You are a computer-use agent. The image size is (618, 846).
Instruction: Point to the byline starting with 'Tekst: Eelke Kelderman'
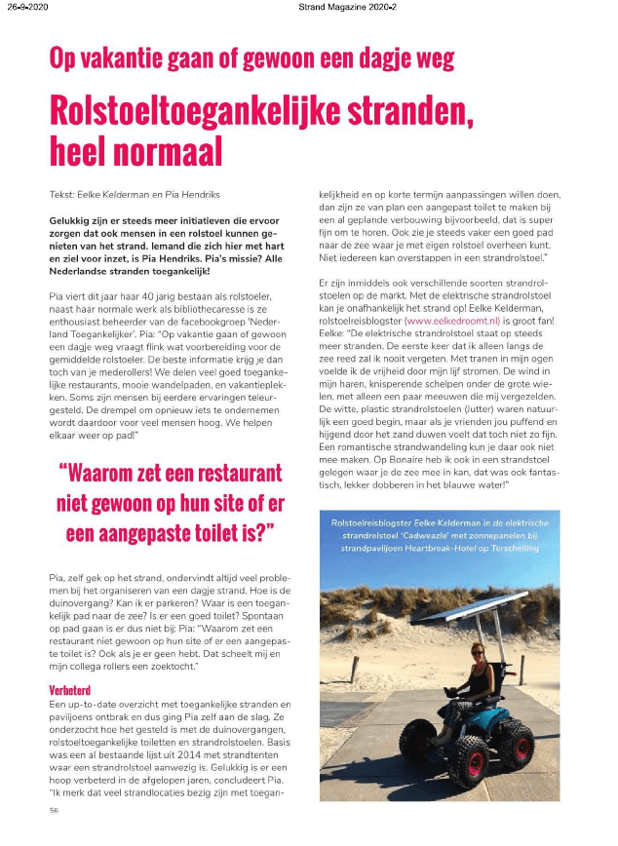pos(123,195)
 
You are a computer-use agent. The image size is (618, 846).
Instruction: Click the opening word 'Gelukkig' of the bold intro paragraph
pos(67,220)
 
